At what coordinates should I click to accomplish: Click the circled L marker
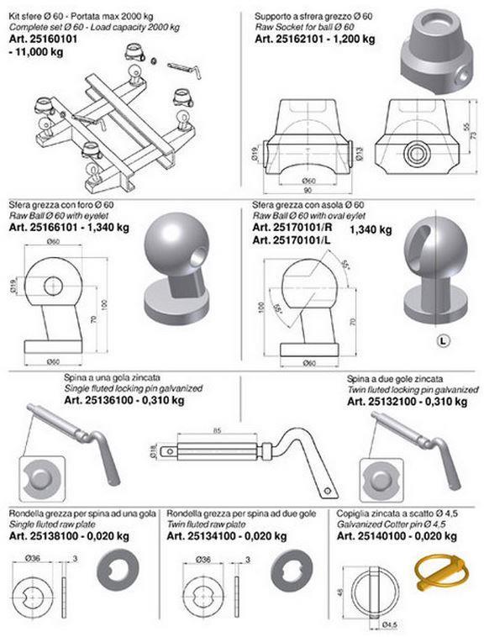click(x=444, y=341)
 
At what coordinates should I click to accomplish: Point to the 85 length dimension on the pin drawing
click(x=217, y=430)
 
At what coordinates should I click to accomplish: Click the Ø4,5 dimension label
click(x=389, y=624)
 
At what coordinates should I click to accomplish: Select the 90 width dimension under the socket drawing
click(x=308, y=190)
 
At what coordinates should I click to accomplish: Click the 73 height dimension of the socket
click(x=473, y=135)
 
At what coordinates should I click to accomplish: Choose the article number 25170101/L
click(x=292, y=240)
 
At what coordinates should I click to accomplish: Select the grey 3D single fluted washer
click(x=118, y=571)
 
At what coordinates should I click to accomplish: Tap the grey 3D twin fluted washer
click(x=292, y=571)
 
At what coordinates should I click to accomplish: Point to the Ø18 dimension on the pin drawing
click(x=153, y=451)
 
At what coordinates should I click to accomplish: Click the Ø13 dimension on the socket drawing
click(x=359, y=153)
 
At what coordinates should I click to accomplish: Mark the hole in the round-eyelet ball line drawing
click(x=54, y=286)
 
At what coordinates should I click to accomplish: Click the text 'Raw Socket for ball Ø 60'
click(x=304, y=27)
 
